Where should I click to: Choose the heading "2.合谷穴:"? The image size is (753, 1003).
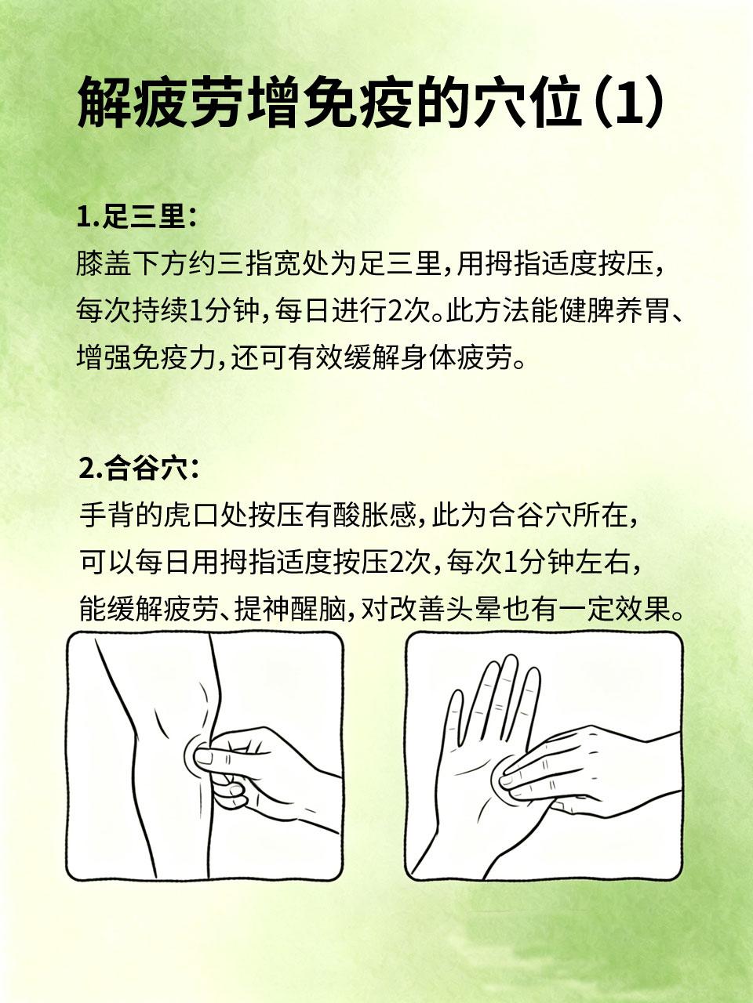[x=139, y=471]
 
